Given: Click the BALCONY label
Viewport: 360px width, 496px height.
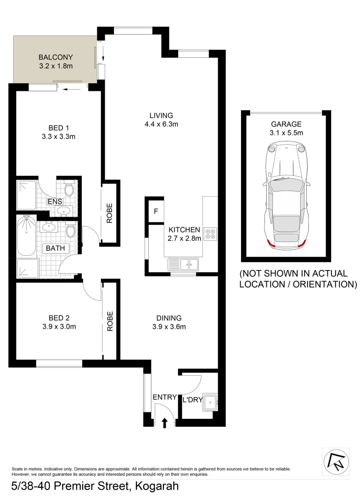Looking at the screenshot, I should [56, 57].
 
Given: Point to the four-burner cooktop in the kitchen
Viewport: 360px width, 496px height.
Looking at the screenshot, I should [210, 233].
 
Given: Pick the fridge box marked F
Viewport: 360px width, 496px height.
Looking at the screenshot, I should [156, 212].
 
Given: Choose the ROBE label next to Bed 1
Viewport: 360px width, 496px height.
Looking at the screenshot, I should [110, 213].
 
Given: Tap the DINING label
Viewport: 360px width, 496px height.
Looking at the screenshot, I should [169, 318].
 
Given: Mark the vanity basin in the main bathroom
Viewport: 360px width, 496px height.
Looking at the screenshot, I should [48, 226].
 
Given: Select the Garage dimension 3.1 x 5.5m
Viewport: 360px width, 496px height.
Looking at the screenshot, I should [286, 133].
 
